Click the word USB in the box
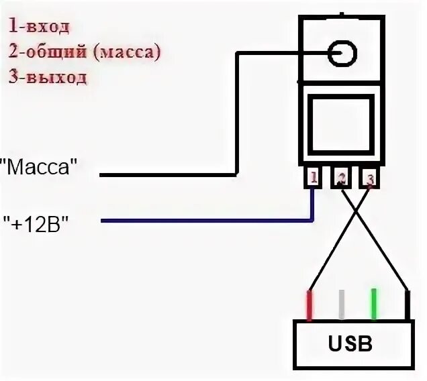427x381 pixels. [350, 344]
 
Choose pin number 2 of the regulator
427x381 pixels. [342, 178]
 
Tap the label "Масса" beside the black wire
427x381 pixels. [40, 168]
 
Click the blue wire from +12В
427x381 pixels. [201, 220]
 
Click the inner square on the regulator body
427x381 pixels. [342, 124]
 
